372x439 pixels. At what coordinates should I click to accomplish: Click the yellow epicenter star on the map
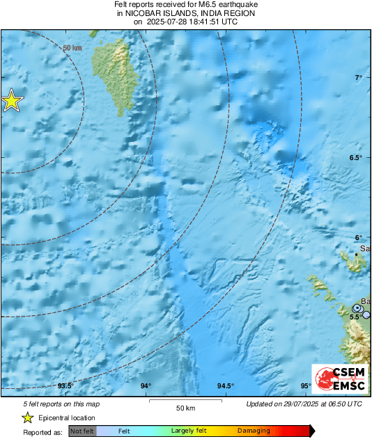pos(11,101)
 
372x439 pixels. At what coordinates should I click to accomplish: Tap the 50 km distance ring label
pos(70,48)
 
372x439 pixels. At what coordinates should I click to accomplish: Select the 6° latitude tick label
pos(359,237)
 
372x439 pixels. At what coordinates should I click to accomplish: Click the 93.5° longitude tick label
pos(65,385)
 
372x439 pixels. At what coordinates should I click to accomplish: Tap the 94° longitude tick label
pos(146,385)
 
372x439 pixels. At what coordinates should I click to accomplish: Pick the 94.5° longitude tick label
pos(226,385)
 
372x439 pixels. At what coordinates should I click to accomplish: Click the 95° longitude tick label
pos(306,385)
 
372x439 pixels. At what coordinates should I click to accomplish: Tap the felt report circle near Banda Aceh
pos(357,308)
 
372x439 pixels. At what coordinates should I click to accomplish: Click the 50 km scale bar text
pos(185,407)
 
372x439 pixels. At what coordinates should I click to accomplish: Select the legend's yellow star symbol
pos(27,417)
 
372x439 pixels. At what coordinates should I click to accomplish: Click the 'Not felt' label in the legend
pos(82,431)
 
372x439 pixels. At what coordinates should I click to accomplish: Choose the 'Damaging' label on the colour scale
pos(254,431)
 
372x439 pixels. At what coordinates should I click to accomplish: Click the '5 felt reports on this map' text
pos(52,404)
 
